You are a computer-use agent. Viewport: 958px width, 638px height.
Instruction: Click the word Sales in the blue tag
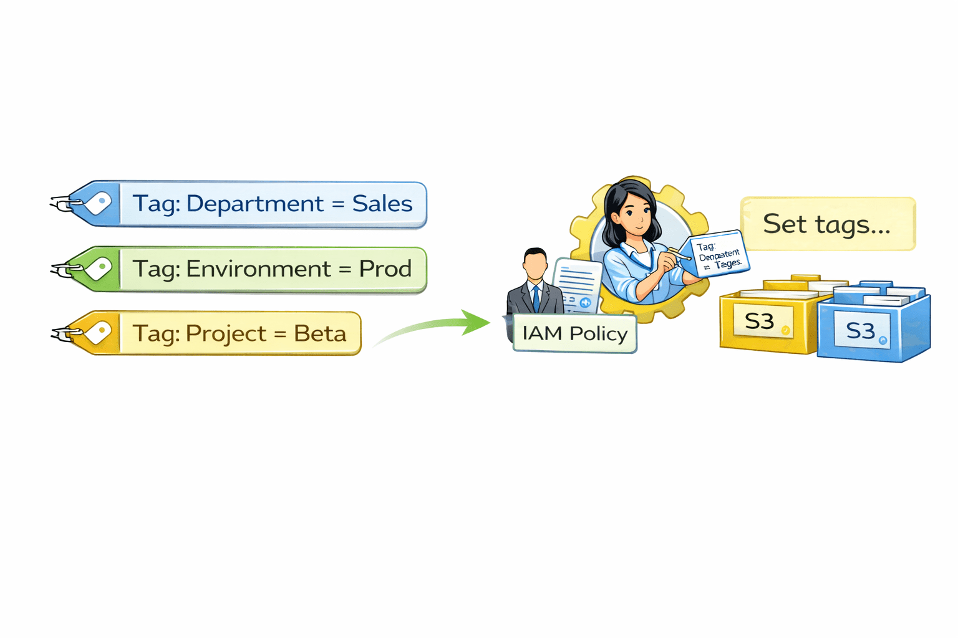coord(382,204)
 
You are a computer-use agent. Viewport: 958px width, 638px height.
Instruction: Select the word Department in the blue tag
coord(254,204)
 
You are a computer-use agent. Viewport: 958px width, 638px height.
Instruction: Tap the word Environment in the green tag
coord(258,269)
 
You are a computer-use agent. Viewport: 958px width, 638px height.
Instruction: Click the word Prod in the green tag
coord(385,269)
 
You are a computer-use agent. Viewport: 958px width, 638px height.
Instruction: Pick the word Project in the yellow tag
coord(226,334)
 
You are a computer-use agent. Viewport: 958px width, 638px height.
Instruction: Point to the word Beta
coord(319,334)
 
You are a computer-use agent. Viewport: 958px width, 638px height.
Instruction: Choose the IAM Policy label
coord(574,333)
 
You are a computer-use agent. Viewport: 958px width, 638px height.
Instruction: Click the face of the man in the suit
coord(535,265)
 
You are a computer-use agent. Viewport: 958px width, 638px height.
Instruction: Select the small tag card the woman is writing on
coord(718,254)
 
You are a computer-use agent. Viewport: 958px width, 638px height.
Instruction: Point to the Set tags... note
coord(827,224)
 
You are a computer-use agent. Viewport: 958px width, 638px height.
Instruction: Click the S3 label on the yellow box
coord(760,321)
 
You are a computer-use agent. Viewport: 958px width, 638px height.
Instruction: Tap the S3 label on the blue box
coord(861,331)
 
